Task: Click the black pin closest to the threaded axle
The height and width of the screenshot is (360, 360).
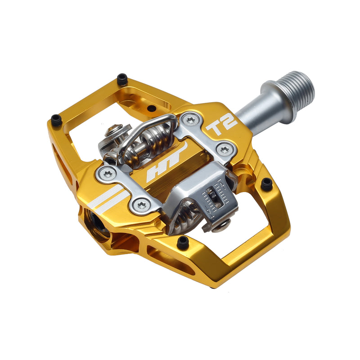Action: pyautogui.click(x=267, y=184)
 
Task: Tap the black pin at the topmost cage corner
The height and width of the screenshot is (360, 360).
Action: pyautogui.click(x=122, y=79)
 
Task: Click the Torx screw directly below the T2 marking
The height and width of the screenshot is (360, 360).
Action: pyautogui.click(x=224, y=149)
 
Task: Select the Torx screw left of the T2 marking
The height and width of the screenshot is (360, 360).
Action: pyautogui.click(x=191, y=119)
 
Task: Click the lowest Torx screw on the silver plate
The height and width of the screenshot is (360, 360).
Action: pyautogui.click(x=142, y=205)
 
